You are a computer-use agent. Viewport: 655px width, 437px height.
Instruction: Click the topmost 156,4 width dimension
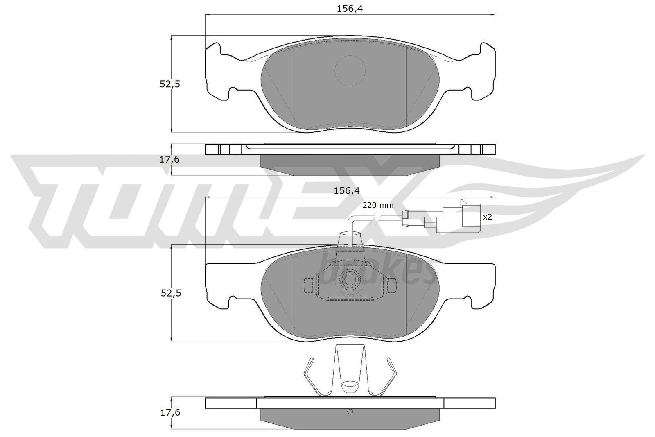pyautogui.click(x=350, y=9)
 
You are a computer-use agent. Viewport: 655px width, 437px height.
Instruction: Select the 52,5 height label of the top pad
pyautogui.click(x=169, y=84)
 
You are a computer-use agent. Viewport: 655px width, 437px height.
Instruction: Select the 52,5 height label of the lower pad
pyautogui.click(x=169, y=293)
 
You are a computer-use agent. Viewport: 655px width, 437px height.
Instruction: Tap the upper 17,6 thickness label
pyautogui.click(x=169, y=159)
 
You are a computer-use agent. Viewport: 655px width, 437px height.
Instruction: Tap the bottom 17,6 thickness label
pyautogui.click(x=169, y=412)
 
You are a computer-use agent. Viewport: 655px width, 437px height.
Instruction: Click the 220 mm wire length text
pyautogui.click(x=377, y=205)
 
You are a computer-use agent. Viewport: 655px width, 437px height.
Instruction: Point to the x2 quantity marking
pyautogui.click(x=487, y=217)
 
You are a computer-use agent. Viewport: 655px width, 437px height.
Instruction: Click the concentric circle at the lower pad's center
pyautogui.click(x=350, y=279)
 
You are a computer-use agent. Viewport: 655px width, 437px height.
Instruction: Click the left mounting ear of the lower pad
pyautogui.click(x=217, y=285)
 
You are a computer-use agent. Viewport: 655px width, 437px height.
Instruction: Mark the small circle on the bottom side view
pyautogui.click(x=350, y=412)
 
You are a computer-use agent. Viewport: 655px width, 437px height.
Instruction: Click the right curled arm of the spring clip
pyautogui.click(x=391, y=375)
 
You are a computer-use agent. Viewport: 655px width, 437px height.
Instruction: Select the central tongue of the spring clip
pyautogui.click(x=350, y=369)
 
